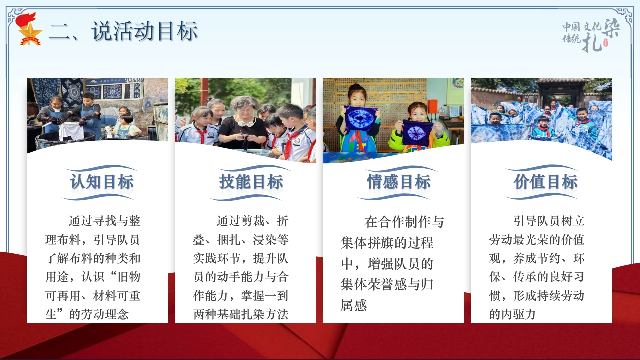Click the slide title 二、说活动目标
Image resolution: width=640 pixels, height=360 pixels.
pyautogui.click(x=123, y=31)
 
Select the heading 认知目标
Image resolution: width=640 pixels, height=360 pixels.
pyautogui.click(x=102, y=182)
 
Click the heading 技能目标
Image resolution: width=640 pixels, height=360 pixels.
pyautogui.click(x=251, y=182)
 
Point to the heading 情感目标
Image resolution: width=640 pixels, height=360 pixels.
pyautogui.click(x=399, y=182)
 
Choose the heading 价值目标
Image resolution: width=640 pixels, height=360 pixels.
pyautogui.click(x=545, y=182)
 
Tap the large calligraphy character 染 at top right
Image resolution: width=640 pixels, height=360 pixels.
pyautogui.click(x=611, y=28)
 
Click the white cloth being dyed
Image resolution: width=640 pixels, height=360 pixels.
pyautogui.click(x=71, y=131)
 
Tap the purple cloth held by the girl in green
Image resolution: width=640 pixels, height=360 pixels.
pyautogui.click(x=417, y=133)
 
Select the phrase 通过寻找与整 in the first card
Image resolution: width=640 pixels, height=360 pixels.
pyautogui.click(x=105, y=221)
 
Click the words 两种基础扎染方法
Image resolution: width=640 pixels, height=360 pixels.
pyautogui.click(x=241, y=314)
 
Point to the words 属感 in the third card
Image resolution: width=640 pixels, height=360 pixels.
pyautogui.click(x=354, y=305)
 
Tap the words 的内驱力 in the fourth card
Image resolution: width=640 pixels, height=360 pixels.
pyautogui.click(x=512, y=314)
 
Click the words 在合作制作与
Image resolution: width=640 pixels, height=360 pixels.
pyautogui.click(x=404, y=222)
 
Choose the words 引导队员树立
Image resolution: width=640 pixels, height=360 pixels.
pyautogui.click(x=549, y=221)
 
